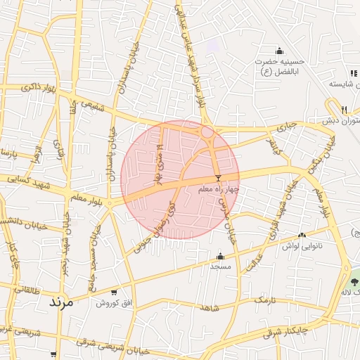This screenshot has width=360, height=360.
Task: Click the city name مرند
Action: tap(61, 303)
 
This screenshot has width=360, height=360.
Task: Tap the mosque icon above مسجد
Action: tap(221, 256)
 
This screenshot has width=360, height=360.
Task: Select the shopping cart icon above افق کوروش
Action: tap(115, 292)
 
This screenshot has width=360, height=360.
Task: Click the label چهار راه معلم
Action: tap(219, 189)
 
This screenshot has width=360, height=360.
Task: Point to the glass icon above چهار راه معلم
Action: tap(218, 178)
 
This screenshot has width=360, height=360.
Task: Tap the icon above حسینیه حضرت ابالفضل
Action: tap(279, 50)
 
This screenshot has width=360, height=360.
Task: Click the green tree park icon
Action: tap(355, 274)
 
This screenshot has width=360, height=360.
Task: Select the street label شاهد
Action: tap(210, 308)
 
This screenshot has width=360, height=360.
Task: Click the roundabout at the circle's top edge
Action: tap(207, 131)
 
